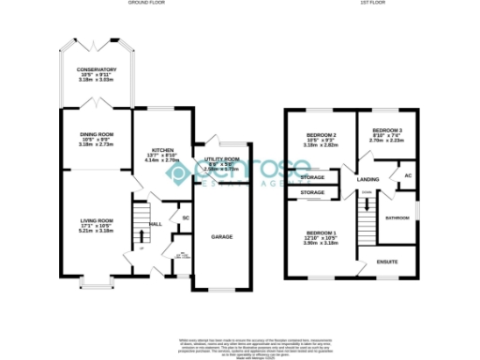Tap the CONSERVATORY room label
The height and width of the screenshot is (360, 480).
coord(97,70)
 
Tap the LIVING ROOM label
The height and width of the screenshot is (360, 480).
coord(97,220)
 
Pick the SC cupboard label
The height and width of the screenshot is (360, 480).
coord(186,218)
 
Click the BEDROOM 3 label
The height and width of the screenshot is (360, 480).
coord(387,130)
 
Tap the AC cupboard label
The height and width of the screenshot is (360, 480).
coord(407,176)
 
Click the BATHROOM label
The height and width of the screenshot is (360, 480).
coord(397,217)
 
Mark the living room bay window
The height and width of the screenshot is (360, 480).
coord(95,281)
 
